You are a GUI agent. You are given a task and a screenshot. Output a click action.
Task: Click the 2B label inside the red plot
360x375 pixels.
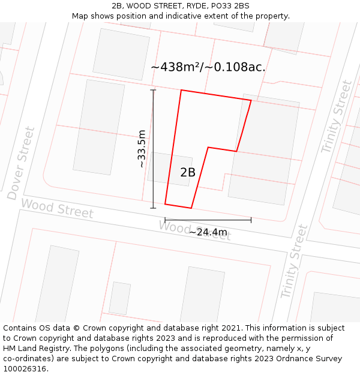click(x=188, y=172)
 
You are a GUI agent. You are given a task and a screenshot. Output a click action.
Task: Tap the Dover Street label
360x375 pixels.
click(x=22, y=163)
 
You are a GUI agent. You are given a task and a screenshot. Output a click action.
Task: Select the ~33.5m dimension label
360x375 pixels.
click(x=141, y=149)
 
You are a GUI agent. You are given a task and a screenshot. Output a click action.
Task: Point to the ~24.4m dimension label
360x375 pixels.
click(x=208, y=232)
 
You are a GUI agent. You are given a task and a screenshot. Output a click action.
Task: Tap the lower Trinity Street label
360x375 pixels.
click(x=294, y=262)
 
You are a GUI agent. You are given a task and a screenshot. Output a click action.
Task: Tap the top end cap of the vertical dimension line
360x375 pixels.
click(x=153, y=90)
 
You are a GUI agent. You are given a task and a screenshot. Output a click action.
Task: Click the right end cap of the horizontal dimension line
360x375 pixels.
click(x=251, y=220)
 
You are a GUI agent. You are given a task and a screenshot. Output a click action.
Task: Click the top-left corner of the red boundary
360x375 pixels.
click(x=181, y=91)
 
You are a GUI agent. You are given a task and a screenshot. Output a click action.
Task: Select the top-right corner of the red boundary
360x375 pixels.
click(x=251, y=101)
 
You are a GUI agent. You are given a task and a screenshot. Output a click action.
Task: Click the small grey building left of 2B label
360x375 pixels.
click(x=161, y=168)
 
